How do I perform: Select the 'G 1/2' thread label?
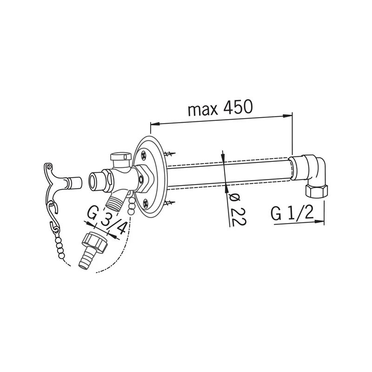[292, 214]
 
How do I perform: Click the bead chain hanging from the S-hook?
[61, 246]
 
